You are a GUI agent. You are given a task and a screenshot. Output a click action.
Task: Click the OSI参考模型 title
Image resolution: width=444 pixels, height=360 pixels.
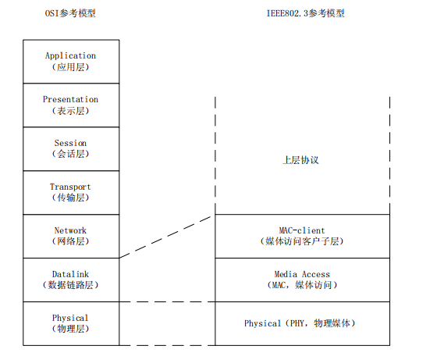point(70,13)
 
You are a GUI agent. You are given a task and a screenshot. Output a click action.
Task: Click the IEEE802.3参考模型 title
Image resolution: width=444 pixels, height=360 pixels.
point(306,13)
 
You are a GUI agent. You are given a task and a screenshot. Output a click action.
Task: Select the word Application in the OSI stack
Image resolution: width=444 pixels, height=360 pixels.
point(70,55)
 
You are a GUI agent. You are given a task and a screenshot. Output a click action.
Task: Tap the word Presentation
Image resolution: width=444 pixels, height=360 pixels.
point(70,99)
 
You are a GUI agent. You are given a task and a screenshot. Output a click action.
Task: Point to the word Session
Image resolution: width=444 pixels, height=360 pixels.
point(70,143)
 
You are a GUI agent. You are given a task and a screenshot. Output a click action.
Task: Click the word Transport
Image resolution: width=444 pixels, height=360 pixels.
point(70,187)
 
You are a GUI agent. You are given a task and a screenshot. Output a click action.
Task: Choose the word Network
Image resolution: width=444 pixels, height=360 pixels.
point(70,230)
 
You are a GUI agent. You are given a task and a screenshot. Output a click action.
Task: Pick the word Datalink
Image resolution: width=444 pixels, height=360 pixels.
point(70,274)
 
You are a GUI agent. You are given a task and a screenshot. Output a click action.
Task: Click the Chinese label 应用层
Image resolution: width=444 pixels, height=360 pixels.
point(70,67)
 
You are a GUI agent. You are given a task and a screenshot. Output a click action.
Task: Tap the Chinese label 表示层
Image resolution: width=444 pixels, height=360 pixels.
point(70,111)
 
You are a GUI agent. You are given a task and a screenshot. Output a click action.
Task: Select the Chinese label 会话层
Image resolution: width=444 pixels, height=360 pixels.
point(70,154)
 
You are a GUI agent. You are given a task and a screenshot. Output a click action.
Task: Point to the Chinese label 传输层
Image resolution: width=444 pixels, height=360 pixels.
point(70,198)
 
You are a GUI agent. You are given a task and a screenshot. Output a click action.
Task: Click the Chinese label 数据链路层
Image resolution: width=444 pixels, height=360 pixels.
point(70,285)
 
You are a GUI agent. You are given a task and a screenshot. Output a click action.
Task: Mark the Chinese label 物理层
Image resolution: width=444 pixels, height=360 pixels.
point(70,329)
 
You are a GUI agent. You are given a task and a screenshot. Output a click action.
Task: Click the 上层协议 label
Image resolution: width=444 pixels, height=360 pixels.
point(300,160)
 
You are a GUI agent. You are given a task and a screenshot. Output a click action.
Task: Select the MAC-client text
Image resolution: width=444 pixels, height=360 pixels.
point(302,230)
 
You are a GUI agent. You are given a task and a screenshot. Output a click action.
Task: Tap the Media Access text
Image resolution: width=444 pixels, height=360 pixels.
point(302,274)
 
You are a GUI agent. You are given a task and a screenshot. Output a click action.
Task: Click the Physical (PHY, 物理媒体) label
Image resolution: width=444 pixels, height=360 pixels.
point(300,323)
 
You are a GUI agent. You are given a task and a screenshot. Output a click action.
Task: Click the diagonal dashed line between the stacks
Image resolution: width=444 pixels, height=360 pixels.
point(165,237)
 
